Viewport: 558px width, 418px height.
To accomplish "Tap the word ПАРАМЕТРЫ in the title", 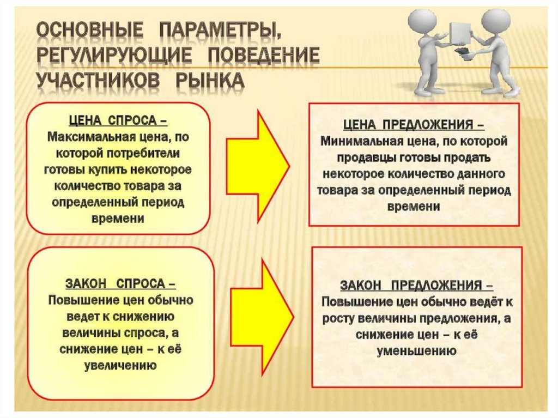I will click(x=221, y=31).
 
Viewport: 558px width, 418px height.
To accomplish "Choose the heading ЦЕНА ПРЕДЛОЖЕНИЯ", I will click(x=414, y=125).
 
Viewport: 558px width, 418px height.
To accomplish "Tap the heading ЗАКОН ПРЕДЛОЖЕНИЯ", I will click(x=417, y=285).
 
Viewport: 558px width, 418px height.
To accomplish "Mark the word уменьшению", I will click(x=417, y=351).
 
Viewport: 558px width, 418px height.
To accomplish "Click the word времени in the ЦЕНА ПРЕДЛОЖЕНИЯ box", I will click(x=414, y=207).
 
